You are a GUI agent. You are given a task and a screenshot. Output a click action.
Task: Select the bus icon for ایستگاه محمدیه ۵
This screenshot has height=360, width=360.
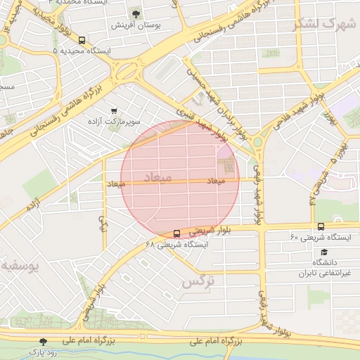(83, 40)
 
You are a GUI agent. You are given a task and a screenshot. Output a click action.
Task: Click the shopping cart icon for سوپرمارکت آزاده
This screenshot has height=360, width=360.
(114, 111)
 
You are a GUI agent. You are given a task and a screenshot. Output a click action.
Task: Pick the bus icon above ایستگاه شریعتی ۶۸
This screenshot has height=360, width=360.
(176, 233)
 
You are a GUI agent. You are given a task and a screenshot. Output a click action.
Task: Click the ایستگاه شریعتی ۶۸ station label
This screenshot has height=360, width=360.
(176, 245)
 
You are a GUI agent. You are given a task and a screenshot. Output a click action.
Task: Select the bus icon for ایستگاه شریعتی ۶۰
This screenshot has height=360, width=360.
(321, 226)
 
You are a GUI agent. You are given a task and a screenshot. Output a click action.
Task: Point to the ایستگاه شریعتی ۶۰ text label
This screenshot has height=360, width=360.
(320, 238)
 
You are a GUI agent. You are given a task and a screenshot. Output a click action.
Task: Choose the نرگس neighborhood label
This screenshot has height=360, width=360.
(197, 281)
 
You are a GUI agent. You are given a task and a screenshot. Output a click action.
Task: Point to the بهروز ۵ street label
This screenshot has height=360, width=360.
(343, 150)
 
